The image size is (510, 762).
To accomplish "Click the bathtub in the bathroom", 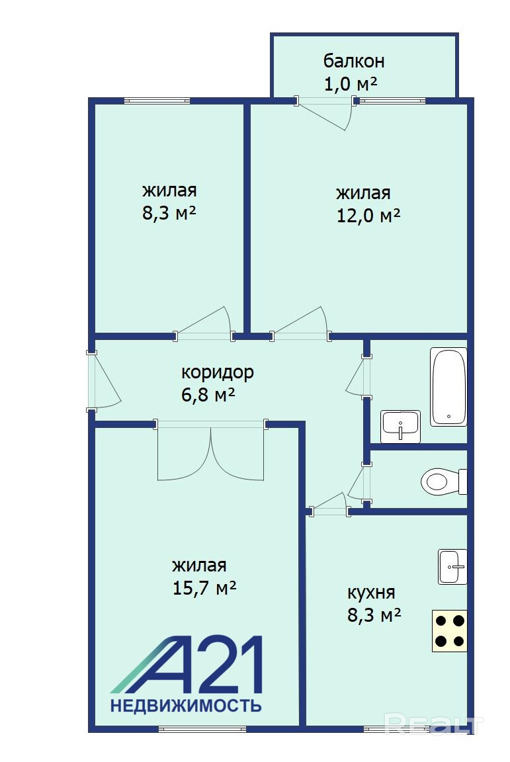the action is (448, 387).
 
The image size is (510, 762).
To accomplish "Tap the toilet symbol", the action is (443, 481).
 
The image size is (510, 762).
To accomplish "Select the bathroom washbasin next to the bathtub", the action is (401, 427).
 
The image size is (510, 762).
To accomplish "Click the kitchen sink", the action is (452, 567).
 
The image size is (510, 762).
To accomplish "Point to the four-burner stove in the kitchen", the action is (450, 631).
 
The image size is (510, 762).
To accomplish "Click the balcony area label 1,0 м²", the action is (351, 84).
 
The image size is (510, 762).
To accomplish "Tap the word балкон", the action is (354, 62).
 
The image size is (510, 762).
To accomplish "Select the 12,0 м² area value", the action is (368, 215).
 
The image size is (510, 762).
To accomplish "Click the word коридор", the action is (218, 373).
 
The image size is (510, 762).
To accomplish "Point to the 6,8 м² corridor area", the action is (208, 395).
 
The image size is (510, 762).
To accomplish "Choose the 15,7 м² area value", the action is (204, 588).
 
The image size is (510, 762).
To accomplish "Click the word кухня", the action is (371, 593).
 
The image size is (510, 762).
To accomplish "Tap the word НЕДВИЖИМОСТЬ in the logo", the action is (186, 705).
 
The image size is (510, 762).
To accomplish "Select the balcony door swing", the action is (325, 112).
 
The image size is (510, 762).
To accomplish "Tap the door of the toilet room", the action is (359, 483).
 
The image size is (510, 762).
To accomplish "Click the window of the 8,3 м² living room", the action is (157, 101).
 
